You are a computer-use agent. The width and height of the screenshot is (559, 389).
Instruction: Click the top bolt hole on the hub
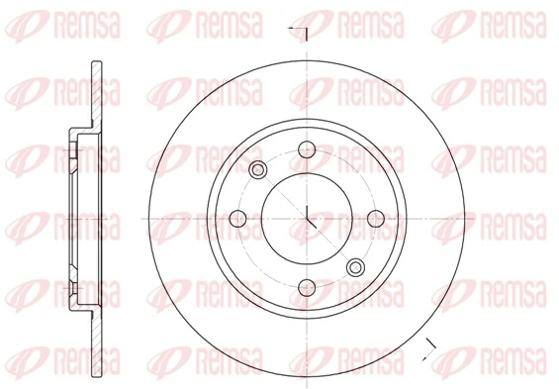(x=308, y=148)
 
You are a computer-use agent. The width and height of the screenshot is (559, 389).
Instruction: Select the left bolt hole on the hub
(x=237, y=219)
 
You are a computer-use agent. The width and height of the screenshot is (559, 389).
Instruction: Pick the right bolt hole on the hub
(x=378, y=219)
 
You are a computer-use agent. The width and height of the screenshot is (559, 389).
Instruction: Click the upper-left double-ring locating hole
(x=258, y=169)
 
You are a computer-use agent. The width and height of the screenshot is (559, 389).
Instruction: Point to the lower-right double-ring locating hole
(x=357, y=265)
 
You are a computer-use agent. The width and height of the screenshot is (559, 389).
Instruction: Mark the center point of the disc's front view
(x=308, y=219)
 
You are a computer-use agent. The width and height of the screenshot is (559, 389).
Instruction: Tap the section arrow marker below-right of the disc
(x=427, y=345)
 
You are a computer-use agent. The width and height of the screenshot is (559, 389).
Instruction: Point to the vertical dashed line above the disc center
(x=308, y=99)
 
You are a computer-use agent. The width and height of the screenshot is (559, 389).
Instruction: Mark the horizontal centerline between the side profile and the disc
(x=129, y=219)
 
